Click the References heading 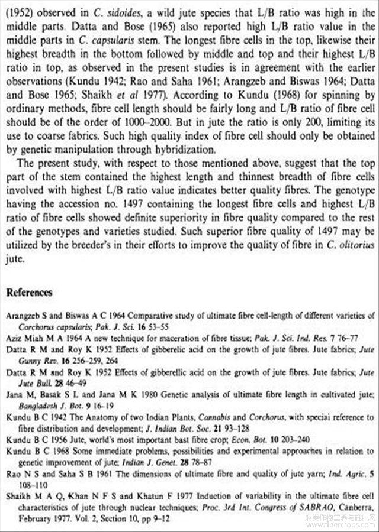tap(29, 293)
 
